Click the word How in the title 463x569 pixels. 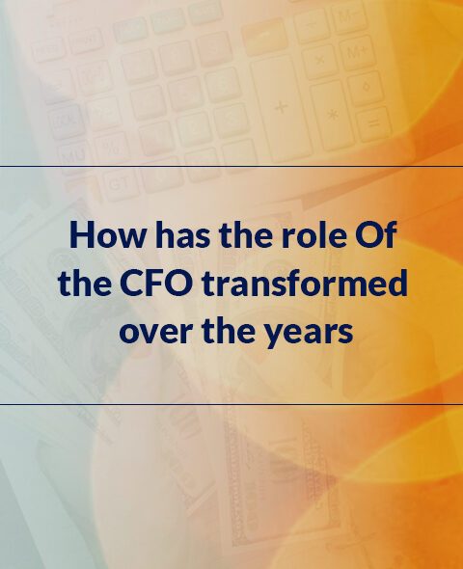(106, 234)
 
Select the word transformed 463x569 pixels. (305, 283)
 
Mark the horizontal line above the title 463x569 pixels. (231, 167)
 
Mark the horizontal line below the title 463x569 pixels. (231, 403)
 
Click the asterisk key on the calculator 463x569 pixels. (332, 116)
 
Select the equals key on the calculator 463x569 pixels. (373, 124)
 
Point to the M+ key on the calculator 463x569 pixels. (357, 53)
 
